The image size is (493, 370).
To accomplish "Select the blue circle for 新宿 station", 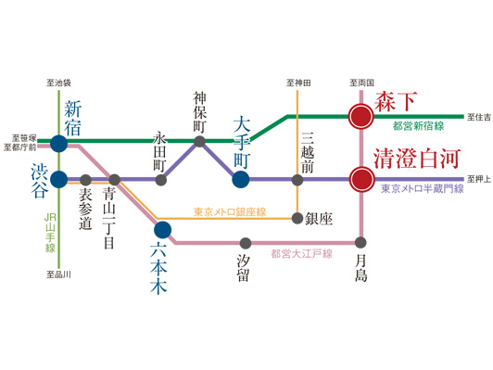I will coord(58,143).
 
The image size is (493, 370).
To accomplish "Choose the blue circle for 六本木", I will coord(162,229).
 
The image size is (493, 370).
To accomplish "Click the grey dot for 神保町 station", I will coord(199,142).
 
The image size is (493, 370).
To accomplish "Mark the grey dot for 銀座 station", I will coord(297,219).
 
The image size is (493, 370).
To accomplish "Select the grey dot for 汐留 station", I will coord(243,243).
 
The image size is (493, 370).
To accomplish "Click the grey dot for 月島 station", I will coord(360,243).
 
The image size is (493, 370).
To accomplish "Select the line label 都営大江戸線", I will coord(301,253).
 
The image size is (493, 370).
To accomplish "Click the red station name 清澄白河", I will coord(415,158).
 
